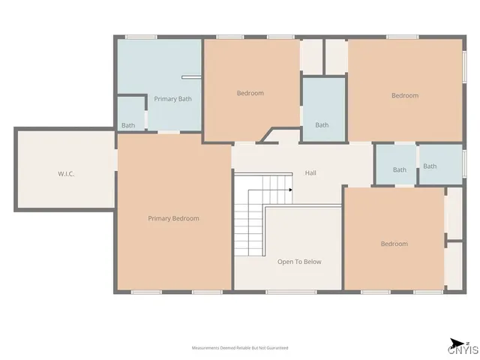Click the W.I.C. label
tap(66, 173)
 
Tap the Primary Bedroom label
tap(173, 218)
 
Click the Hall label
tap(310, 173)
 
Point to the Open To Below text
tap(299, 262)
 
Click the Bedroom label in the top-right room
tap(404, 95)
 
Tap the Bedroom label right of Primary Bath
tap(250, 93)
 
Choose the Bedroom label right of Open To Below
tap(394, 244)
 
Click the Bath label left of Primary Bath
tap(128, 125)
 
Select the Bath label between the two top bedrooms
tap(322, 125)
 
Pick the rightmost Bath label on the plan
tap(430, 166)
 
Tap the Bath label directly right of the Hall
tap(400, 169)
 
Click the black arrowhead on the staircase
tap(289, 190)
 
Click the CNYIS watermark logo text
tap(462, 349)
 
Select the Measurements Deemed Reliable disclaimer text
tap(240, 348)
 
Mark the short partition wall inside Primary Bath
tap(191, 76)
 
